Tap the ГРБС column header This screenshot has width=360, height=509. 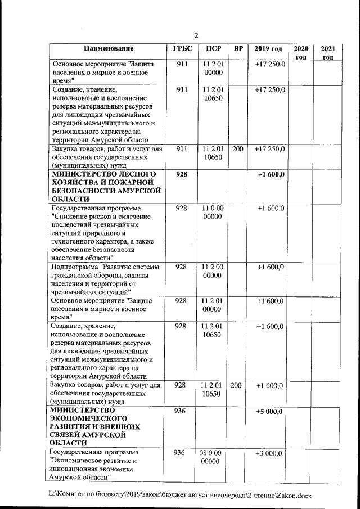[x=181, y=49]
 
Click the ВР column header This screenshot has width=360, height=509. [x=238, y=49]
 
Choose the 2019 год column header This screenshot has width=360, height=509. [x=268, y=49]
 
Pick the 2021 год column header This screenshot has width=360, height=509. [x=328, y=53]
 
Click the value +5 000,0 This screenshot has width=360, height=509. [x=271, y=412]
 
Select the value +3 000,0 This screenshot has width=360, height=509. [x=271, y=453]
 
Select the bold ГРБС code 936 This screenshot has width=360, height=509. [x=181, y=412]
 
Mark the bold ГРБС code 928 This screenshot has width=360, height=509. [x=181, y=175]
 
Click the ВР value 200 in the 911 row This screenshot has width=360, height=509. [x=237, y=149]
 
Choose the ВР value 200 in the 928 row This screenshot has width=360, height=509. [x=237, y=385]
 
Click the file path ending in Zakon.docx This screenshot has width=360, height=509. [x=180, y=494]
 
